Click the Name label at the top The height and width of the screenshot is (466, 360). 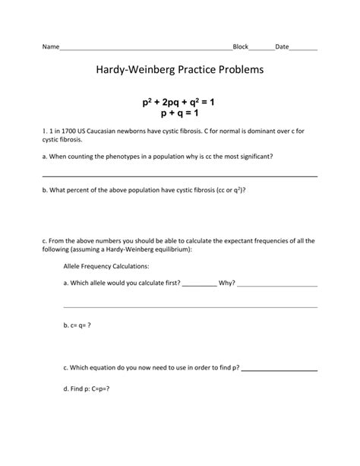click(x=50, y=47)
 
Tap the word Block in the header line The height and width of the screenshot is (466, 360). click(x=241, y=47)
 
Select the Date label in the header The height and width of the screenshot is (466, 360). click(x=282, y=47)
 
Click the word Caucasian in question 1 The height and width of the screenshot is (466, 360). click(x=107, y=131)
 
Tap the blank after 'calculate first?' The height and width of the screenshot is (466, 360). click(x=199, y=283)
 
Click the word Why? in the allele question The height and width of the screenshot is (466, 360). click(x=226, y=283)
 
